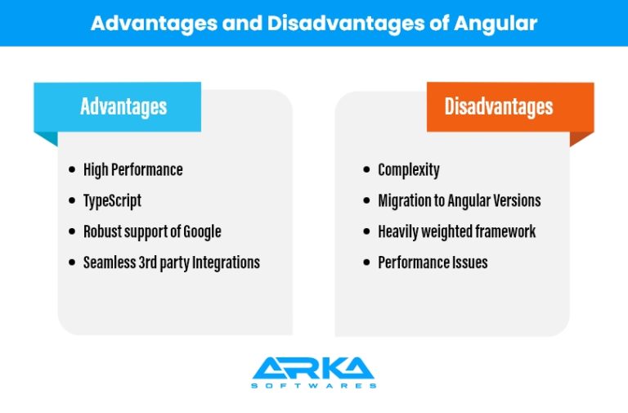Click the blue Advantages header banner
click(118, 107)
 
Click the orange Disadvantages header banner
click(510, 107)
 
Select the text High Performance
click(133, 170)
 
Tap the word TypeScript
click(112, 200)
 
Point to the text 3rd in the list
click(147, 263)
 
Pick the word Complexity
click(409, 170)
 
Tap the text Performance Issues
click(433, 263)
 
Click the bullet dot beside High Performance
click(72, 169)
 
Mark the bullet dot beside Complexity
click(366, 169)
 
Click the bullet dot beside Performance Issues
click(366, 263)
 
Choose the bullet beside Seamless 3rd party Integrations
click(72, 263)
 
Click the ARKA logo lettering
click(314, 368)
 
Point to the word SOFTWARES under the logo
click(314, 386)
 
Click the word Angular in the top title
click(496, 23)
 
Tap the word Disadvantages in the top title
click(346, 23)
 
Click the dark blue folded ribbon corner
click(49, 137)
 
